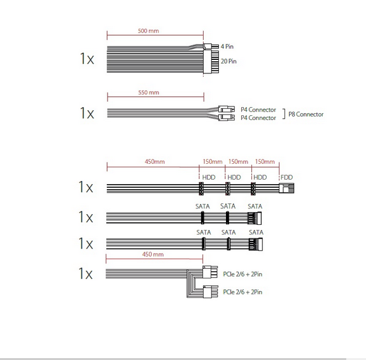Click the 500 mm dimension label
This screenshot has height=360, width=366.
(148, 31)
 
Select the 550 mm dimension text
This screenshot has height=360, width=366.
(149, 92)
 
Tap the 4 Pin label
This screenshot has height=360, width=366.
(227, 47)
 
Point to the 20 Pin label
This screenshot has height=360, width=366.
(229, 61)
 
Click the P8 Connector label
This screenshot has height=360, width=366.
(306, 114)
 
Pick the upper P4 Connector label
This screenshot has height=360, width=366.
(258, 110)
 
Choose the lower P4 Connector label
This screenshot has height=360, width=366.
(258, 118)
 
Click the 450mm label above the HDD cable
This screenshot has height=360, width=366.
(155, 162)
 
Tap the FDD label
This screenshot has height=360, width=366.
(286, 177)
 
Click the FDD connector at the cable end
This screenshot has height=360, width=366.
(286, 188)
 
